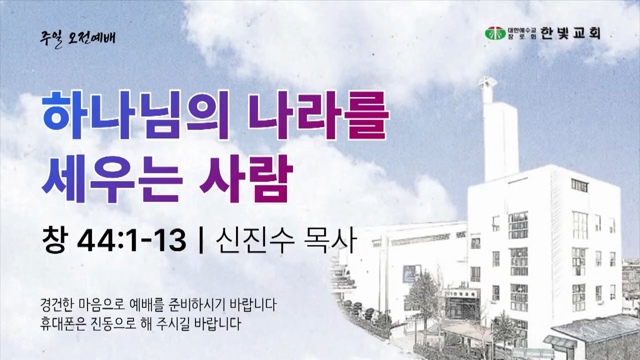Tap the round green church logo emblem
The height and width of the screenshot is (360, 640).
(495, 33)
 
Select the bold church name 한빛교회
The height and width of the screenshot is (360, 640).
(570, 33)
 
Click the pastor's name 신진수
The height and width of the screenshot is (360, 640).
(255, 239)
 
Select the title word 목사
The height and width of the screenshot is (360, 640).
(331, 239)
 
